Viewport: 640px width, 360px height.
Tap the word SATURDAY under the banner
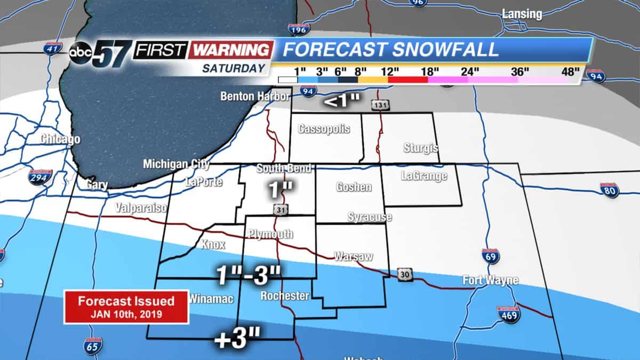pyautogui.click(x=234, y=68)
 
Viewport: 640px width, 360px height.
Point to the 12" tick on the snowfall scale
pyautogui.click(x=390, y=70)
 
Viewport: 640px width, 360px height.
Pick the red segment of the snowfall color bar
pyautogui.click(x=408, y=79)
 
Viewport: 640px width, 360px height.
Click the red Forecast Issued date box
pyautogui.click(x=126, y=307)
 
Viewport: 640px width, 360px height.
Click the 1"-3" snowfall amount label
pyautogui.click(x=248, y=275)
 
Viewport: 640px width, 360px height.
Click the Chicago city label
pyautogui.click(x=61, y=140)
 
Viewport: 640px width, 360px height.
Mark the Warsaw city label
pyautogui.click(x=353, y=257)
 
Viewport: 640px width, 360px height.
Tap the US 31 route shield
pyautogui.click(x=280, y=210)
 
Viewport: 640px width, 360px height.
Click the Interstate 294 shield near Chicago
pyautogui.click(x=41, y=177)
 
